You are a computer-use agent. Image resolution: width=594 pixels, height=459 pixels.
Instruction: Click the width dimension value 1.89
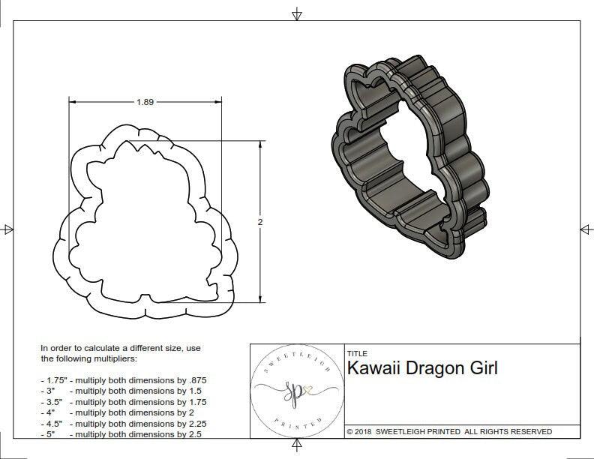click(145, 103)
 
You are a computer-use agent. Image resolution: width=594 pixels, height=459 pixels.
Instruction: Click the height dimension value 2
click(259, 222)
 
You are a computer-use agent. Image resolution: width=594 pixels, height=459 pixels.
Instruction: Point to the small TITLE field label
click(357, 353)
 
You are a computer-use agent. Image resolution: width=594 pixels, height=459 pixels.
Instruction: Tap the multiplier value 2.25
click(193, 423)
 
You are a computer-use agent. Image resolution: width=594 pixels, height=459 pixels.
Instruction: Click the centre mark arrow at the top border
click(297, 13)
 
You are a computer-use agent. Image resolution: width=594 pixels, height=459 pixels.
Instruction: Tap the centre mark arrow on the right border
click(585, 229)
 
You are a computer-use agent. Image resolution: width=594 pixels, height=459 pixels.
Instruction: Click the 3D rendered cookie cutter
click(405, 157)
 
